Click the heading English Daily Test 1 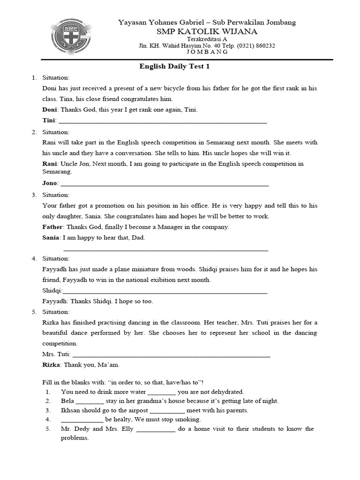(174, 67)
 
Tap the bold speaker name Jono (49, 182)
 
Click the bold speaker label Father (52, 227)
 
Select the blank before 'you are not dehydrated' (162, 391)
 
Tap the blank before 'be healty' (82, 419)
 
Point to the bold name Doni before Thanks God (49, 110)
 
